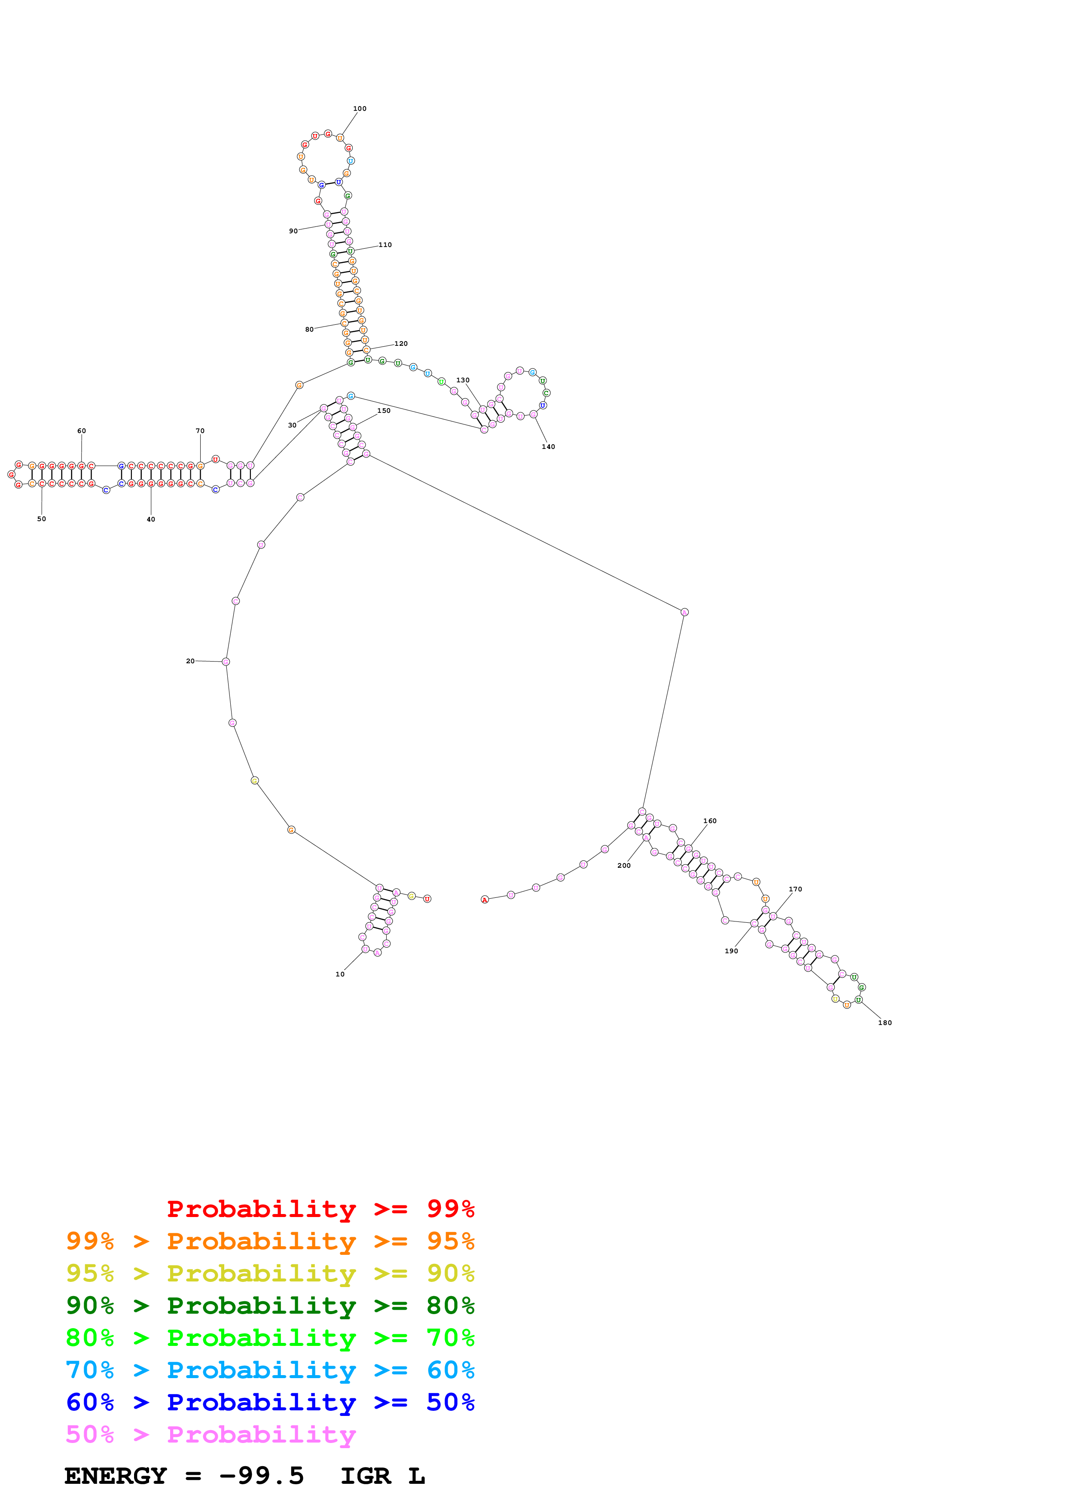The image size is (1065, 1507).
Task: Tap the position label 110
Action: [385, 245]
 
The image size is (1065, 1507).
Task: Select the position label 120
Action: [401, 343]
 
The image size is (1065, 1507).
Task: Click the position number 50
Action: [41, 519]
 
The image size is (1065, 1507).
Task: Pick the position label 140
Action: [548, 447]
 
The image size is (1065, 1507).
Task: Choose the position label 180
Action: [885, 1022]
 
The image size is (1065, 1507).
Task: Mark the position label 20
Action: [190, 661]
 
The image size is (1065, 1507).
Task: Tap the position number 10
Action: [340, 974]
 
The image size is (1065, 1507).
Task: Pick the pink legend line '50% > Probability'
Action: [211, 1434]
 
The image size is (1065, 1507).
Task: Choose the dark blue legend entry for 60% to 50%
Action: [270, 1402]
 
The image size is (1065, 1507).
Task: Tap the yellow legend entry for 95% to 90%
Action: [270, 1273]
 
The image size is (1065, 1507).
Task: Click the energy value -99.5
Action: [261, 1476]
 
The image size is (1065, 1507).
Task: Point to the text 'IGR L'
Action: [382, 1476]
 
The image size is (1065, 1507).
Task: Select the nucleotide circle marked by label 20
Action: [226, 662]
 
